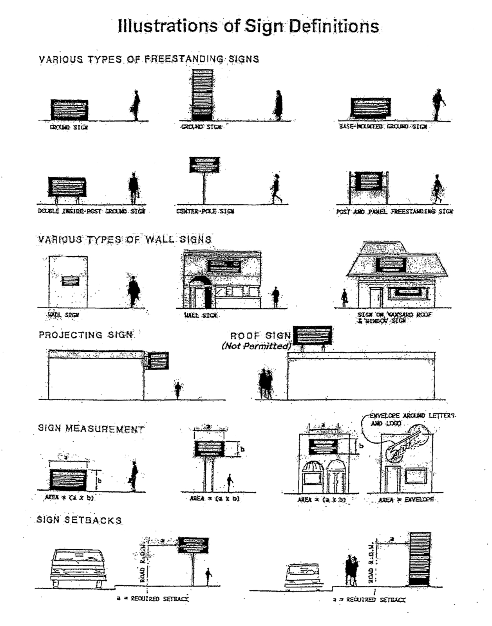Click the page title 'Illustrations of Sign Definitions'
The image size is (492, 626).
(x=248, y=26)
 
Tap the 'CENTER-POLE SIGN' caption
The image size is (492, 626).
(x=205, y=211)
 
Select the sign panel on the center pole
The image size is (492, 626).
(x=204, y=165)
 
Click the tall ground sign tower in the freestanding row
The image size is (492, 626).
(x=203, y=95)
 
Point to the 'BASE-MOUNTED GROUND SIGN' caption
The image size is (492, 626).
(x=383, y=127)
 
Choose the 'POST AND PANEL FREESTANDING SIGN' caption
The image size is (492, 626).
(x=394, y=212)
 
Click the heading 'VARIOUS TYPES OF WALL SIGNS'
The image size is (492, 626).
(x=125, y=239)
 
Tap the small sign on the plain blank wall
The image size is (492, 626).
(x=71, y=281)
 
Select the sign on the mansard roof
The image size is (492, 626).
(x=391, y=265)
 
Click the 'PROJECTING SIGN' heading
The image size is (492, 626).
(x=86, y=335)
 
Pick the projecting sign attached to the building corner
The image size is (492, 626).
(x=159, y=361)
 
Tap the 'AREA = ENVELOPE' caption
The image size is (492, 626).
(x=406, y=500)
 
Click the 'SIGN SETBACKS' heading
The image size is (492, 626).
(x=79, y=520)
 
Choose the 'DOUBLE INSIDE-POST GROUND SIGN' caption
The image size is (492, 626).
(x=91, y=211)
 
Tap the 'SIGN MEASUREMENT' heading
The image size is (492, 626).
(x=91, y=428)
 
